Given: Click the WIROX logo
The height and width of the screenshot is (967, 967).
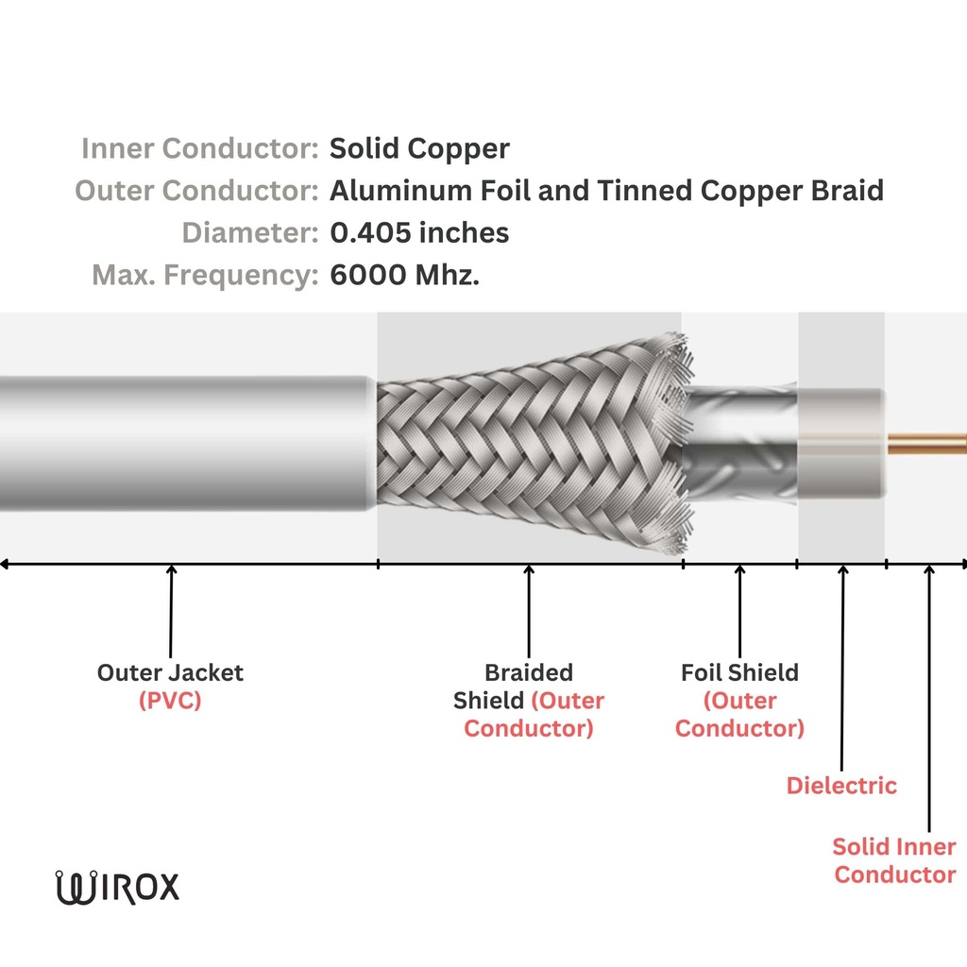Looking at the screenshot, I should (x=117, y=888).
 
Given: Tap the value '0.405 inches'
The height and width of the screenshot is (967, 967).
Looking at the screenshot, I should (x=419, y=233).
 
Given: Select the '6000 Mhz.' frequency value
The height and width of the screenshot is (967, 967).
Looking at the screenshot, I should (x=405, y=276).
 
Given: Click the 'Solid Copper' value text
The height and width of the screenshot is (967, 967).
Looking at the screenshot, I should (x=419, y=149).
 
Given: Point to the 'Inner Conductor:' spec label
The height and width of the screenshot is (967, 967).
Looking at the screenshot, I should (x=199, y=149).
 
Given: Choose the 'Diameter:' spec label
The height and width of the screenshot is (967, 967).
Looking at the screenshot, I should (x=249, y=233).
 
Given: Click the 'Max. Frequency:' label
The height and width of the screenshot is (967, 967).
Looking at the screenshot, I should (x=204, y=276).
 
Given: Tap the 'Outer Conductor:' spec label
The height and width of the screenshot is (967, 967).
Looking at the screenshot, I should (x=195, y=192).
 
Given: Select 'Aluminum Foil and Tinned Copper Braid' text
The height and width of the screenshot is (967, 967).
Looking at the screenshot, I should (x=606, y=192).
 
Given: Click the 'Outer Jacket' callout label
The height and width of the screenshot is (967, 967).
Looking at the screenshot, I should (x=170, y=673).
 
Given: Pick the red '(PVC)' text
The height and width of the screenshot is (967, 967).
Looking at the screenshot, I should (x=170, y=702).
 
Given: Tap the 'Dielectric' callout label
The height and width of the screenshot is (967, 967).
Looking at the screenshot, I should (x=841, y=786).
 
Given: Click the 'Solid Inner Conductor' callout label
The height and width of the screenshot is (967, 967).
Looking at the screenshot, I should (x=894, y=860).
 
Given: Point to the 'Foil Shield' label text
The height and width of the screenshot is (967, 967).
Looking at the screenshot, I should (x=739, y=673).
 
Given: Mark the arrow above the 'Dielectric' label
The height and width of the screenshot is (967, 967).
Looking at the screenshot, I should (x=842, y=661).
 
